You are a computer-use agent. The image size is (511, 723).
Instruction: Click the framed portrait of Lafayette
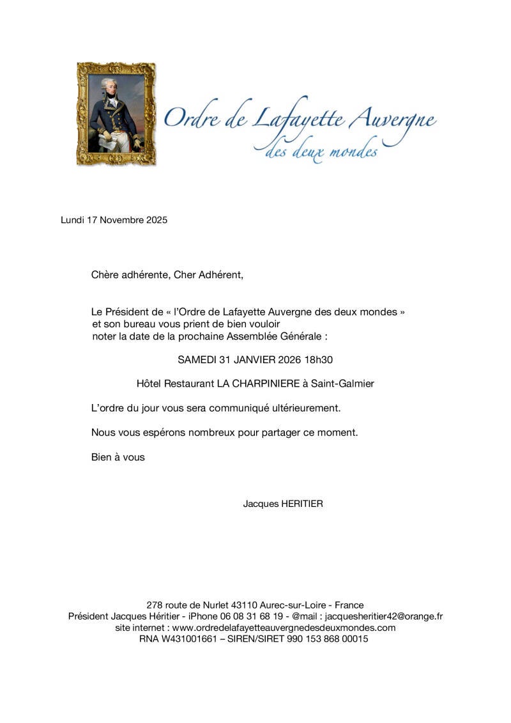(116, 114)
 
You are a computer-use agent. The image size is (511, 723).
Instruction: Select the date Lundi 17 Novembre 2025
(114, 220)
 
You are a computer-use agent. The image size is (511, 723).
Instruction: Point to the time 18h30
(319, 359)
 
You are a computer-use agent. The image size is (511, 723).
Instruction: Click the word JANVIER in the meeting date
(254, 359)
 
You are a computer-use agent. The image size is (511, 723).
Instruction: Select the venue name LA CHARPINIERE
(258, 384)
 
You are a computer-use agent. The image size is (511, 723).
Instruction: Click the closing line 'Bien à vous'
(118, 457)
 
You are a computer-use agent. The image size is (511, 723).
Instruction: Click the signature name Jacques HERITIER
(283, 504)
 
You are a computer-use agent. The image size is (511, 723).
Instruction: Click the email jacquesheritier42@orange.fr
(384, 616)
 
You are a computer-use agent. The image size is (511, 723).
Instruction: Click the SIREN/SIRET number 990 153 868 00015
(325, 639)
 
